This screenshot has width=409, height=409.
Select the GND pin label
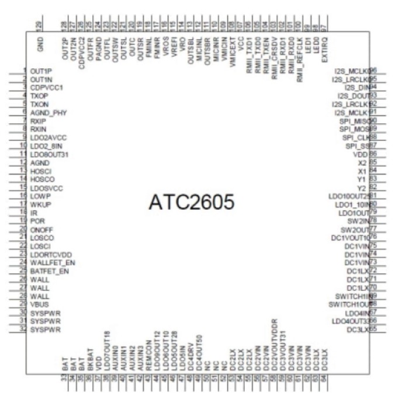pyautogui.click(x=40, y=44)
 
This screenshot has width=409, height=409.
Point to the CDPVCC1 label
pyautogui.click(x=46, y=87)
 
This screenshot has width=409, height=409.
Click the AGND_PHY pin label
pyautogui.click(x=48, y=112)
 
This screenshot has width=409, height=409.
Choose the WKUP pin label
pyautogui.click(x=40, y=205)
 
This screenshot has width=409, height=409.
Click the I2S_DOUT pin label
pyautogui.click(x=354, y=95)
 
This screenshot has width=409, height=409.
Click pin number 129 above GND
pyautogui.click(x=40, y=25)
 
